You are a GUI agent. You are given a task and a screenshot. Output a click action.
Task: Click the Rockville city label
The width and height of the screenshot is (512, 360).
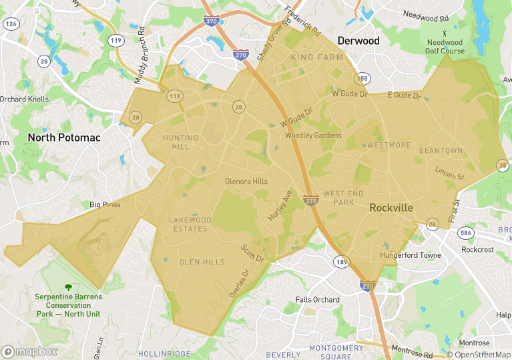[391, 208]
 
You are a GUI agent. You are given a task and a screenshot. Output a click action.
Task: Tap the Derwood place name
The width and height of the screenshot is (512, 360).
[358, 41]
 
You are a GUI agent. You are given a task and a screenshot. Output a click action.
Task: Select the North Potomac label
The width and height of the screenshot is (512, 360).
[64, 138]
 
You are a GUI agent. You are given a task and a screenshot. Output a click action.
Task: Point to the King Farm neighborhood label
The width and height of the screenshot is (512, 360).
[317, 57]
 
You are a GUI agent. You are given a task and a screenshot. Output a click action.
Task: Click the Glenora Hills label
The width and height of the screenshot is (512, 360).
[246, 182]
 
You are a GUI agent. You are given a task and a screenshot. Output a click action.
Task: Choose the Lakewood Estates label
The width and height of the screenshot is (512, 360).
[190, 224]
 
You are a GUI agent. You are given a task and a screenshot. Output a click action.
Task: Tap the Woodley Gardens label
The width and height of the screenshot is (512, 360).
[313, 136]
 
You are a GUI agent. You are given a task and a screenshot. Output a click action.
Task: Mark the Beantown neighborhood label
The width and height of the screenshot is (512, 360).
[441, 151]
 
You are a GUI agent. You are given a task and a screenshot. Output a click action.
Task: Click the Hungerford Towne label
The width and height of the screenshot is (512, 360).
[411, 255]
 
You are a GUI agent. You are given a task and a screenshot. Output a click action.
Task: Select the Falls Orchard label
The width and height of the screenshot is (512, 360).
[317, 300]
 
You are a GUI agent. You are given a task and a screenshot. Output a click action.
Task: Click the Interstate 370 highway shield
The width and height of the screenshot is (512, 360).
[212, 22]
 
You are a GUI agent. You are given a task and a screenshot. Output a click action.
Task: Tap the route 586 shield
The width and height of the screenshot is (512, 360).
[465, 233]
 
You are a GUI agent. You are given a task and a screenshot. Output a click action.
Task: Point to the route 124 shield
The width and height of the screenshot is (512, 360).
[10, 23]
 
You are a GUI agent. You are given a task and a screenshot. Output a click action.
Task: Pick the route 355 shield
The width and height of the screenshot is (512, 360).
[362, 79]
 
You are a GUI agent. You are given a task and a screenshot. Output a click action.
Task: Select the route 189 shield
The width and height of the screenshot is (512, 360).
[341, 261]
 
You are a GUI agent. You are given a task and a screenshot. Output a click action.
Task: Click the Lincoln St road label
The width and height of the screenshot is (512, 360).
[449, 173]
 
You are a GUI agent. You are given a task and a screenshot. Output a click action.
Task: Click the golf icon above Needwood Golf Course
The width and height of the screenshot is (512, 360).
[445, 32]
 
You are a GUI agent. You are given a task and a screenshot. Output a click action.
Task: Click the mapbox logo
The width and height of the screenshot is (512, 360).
[29, 351]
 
